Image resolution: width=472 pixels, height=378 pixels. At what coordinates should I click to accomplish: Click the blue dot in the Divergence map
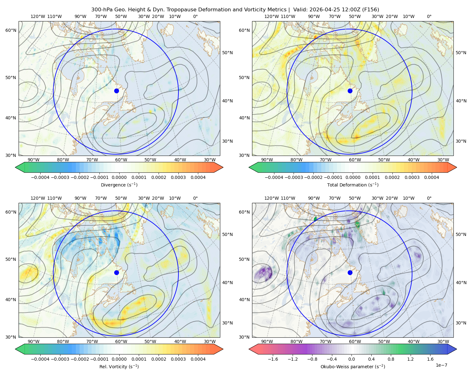coord(116,91)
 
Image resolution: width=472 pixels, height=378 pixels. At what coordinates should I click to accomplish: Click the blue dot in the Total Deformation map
coord(350,91)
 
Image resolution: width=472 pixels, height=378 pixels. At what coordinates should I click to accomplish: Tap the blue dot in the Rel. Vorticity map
coord(116,272)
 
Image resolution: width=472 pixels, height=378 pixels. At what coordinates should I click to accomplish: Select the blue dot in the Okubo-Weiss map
coord(350,272)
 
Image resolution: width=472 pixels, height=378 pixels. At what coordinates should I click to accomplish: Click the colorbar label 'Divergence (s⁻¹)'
coord(119,185)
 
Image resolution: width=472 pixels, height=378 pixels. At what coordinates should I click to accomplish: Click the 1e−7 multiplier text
coord(441,365)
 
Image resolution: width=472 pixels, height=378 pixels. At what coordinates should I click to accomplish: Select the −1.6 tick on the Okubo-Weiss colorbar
coord(273,359)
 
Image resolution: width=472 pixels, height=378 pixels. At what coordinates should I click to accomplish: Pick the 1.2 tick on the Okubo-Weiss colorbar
coord(410,359)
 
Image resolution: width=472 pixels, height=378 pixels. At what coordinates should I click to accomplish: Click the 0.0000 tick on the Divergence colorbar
coord(119,177)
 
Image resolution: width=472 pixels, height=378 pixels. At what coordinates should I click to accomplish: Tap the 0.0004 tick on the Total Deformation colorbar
coord(431,177)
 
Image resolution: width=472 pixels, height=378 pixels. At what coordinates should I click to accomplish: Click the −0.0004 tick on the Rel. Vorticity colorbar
coord(40,359)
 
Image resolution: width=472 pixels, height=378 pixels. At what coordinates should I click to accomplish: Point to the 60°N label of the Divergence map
coord(11,30)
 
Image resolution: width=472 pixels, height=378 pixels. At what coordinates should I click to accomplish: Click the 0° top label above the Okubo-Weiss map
coord(429,198)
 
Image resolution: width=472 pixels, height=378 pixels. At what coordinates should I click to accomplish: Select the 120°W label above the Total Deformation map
coord(272,16)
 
